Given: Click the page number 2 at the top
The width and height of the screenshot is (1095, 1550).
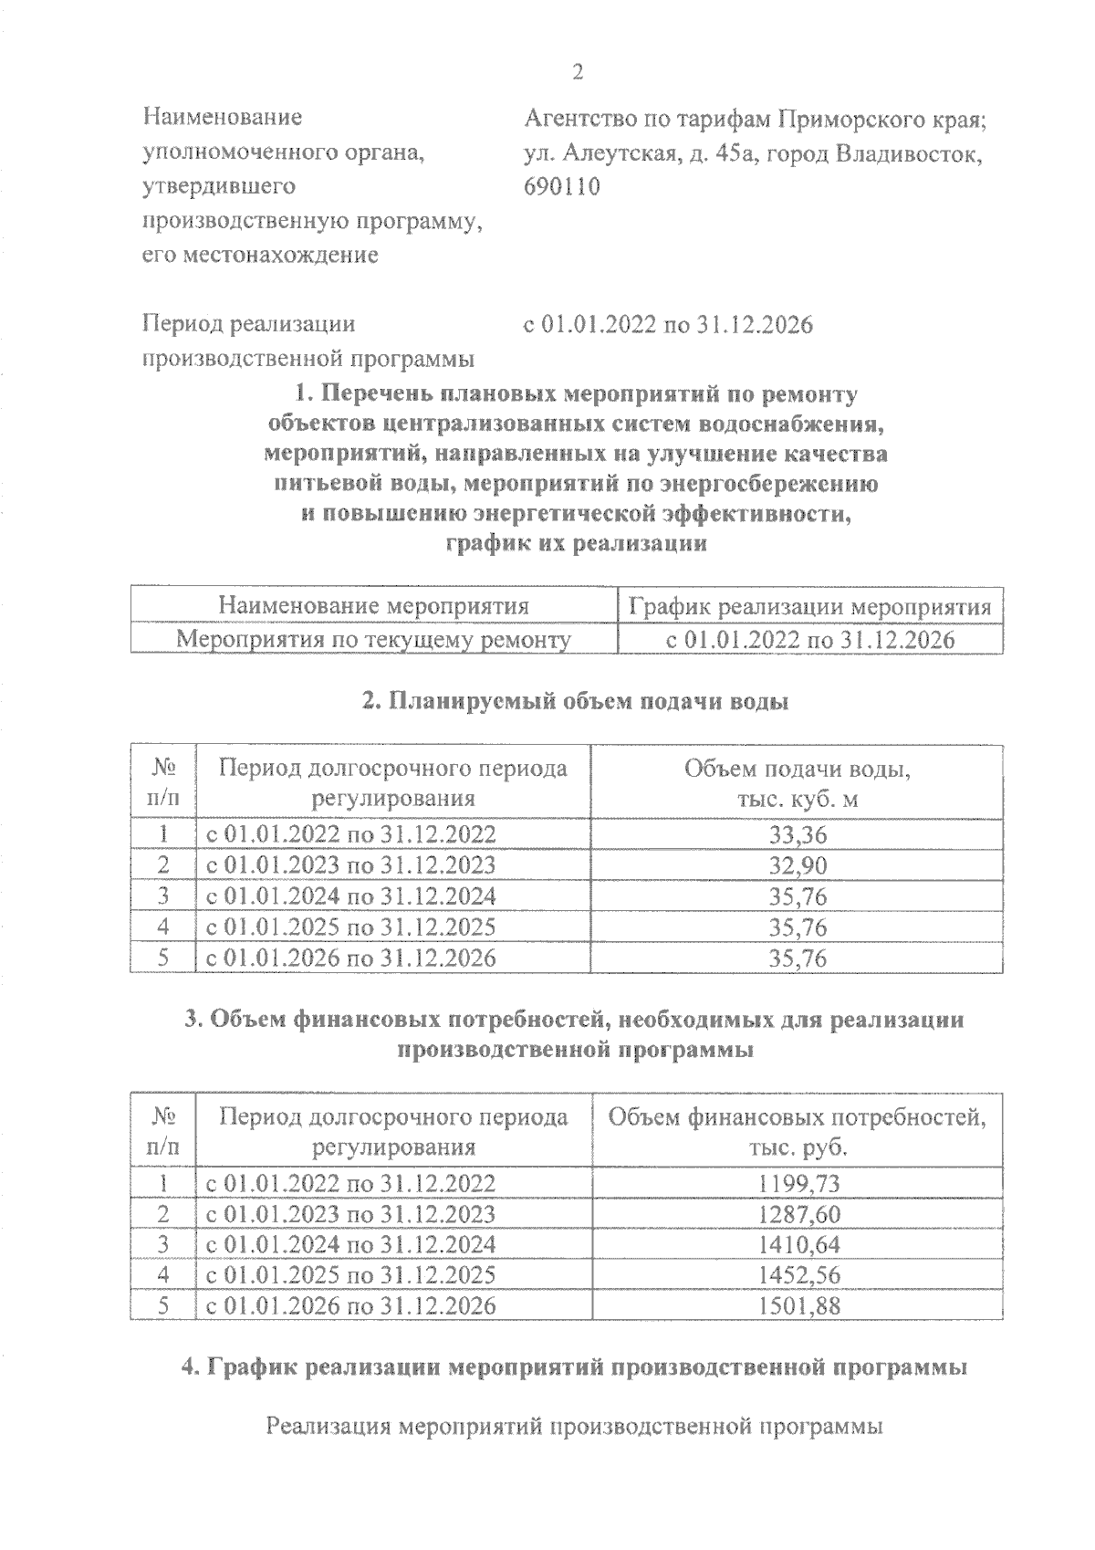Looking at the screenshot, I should (577, 72).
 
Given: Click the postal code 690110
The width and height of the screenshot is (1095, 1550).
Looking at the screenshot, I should (562, 187).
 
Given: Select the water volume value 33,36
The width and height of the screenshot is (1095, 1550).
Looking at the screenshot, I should (798, 834).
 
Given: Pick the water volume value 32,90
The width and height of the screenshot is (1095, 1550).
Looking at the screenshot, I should (798, 865).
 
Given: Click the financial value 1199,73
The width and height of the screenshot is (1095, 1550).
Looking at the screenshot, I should (798, 1184).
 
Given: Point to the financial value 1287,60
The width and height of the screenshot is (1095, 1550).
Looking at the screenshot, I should (798, 1215).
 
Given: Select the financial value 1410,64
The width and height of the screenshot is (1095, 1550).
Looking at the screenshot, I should (798, 1245).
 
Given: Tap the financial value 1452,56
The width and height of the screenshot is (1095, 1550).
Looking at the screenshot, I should (798, 1275).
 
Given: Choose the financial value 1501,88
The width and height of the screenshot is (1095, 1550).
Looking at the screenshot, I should (798, 1306).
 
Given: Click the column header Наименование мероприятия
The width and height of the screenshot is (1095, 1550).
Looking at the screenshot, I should (374, 607).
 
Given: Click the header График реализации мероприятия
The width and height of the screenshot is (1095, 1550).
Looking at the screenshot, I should (810, 607).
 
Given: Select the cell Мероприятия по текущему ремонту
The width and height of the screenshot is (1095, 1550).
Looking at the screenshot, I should (374, 639).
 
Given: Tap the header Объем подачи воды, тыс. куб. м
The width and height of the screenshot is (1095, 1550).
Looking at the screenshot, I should (798, 784).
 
